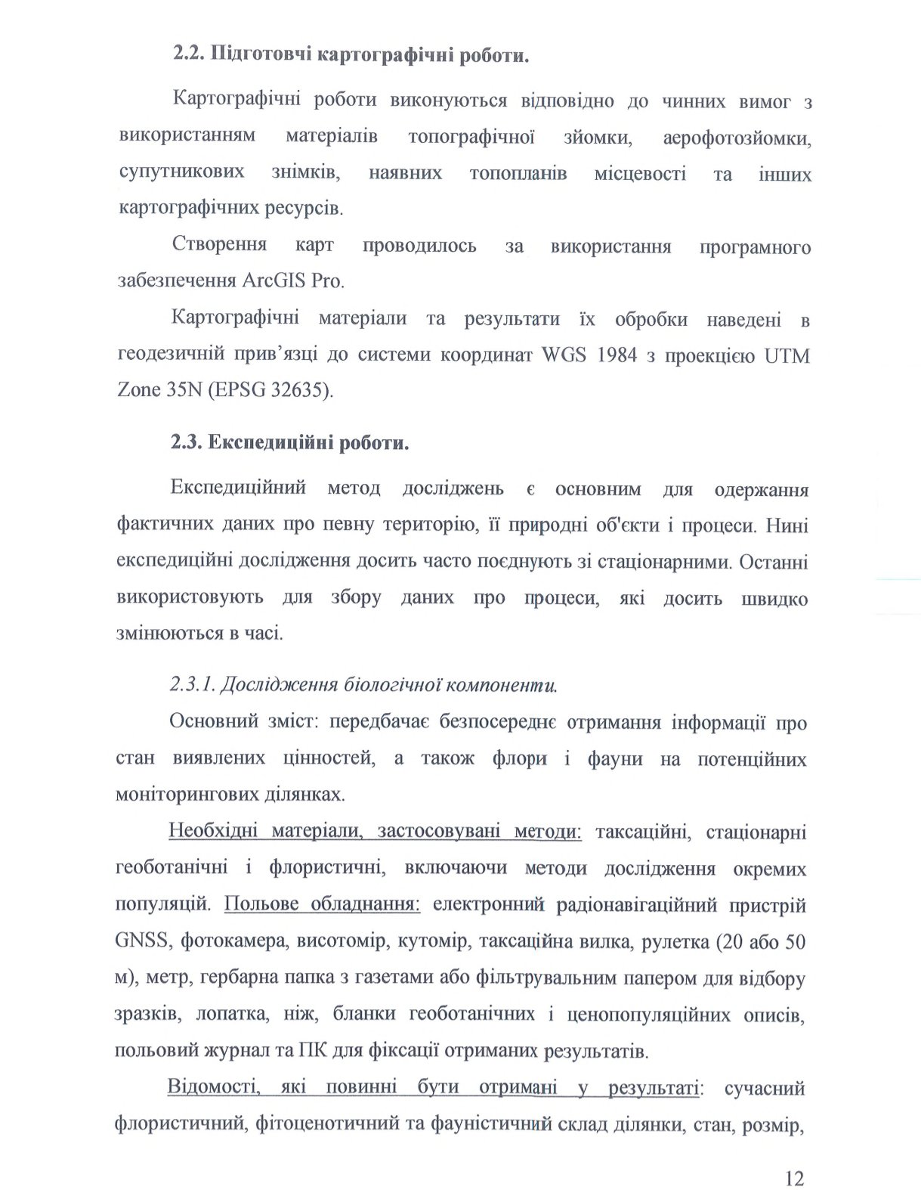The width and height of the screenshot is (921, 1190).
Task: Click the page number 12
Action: tap(794, 1157)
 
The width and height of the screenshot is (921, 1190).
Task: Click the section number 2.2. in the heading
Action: tap(188, 54)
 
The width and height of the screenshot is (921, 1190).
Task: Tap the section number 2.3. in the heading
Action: tap(186, 442)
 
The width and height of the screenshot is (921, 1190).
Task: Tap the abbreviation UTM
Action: tap(787, 355)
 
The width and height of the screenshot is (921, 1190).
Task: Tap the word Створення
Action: tap(219, 245)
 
